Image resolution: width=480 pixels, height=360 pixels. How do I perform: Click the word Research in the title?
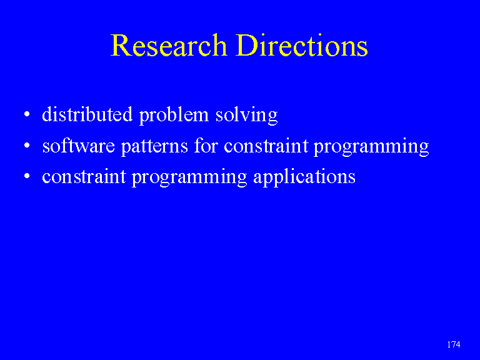[x=169, y=45]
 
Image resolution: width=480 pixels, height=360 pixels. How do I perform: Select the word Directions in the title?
[x=302, y=45]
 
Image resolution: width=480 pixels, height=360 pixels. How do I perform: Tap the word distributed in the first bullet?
[x=87, y=114]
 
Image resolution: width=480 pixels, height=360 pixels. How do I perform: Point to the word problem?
[x=174, y=116]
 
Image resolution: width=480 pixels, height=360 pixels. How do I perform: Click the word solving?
[x=247, y=116]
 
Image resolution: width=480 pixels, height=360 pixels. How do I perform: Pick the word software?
[x=78, y=146]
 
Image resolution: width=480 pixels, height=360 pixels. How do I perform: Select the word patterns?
[x=154, y=147]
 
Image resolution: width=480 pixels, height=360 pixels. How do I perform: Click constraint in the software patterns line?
[x=266, y=146]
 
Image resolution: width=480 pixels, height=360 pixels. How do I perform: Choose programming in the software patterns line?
[x=371, y=147]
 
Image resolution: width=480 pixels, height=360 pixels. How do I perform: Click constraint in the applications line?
[x=84, y=177]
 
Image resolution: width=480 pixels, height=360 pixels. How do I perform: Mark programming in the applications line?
[x=189, y=178]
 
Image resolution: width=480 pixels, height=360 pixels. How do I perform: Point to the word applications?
[x=304, y=178]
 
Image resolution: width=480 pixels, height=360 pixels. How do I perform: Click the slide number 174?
[x=453, y=344]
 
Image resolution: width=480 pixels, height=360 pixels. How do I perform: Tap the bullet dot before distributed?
[x=27, y=114]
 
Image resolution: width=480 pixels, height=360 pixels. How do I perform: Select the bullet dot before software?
[x=27, y=146]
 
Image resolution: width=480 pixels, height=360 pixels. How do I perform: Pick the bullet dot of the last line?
[x=27, y=176]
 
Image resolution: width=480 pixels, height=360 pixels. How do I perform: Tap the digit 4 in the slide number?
[x=458, y=344]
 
